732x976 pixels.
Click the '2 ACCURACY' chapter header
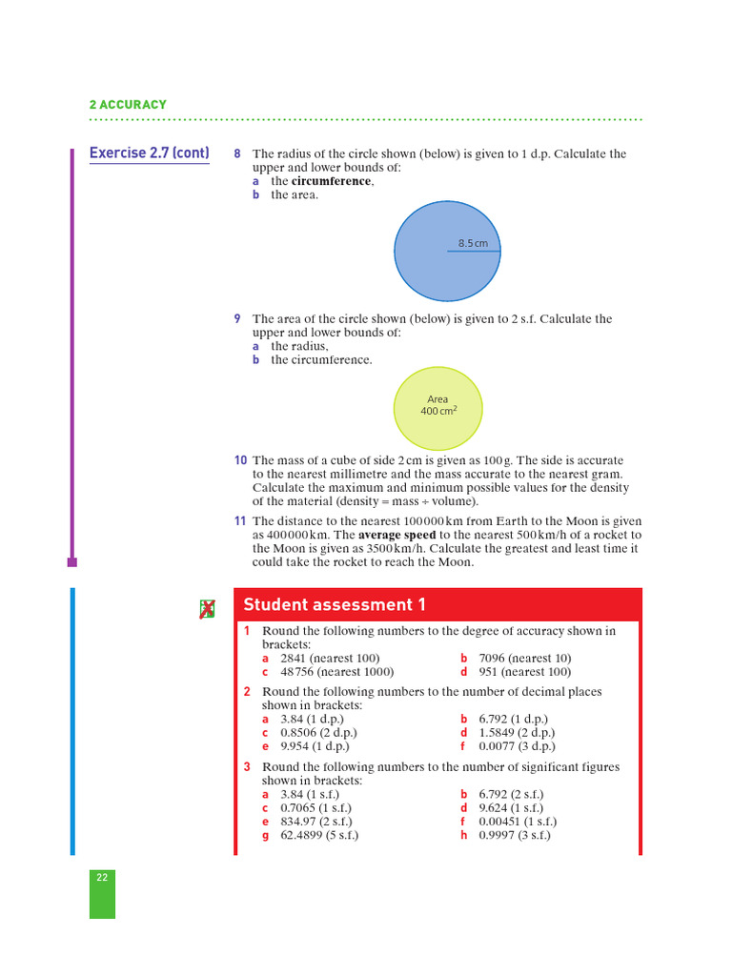[128, 105]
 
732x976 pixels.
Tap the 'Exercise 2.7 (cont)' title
[149, 153]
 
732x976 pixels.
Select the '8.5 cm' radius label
[472, 243]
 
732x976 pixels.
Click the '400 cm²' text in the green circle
[438, 412]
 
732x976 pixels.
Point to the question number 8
[237, 154]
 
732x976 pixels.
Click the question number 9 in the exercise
[237, 319]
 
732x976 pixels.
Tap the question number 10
[240, 460]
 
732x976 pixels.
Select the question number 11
[240, 521]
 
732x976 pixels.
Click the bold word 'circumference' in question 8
[331, 181]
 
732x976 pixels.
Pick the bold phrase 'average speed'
[396, 536]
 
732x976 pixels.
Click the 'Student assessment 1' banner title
[335, 605]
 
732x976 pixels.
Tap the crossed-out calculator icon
[207, 609]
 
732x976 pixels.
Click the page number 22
[102, 878]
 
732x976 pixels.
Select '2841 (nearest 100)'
[330, 659]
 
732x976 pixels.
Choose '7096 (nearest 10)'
[525, 659]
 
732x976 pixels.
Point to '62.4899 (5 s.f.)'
[319, 836]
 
